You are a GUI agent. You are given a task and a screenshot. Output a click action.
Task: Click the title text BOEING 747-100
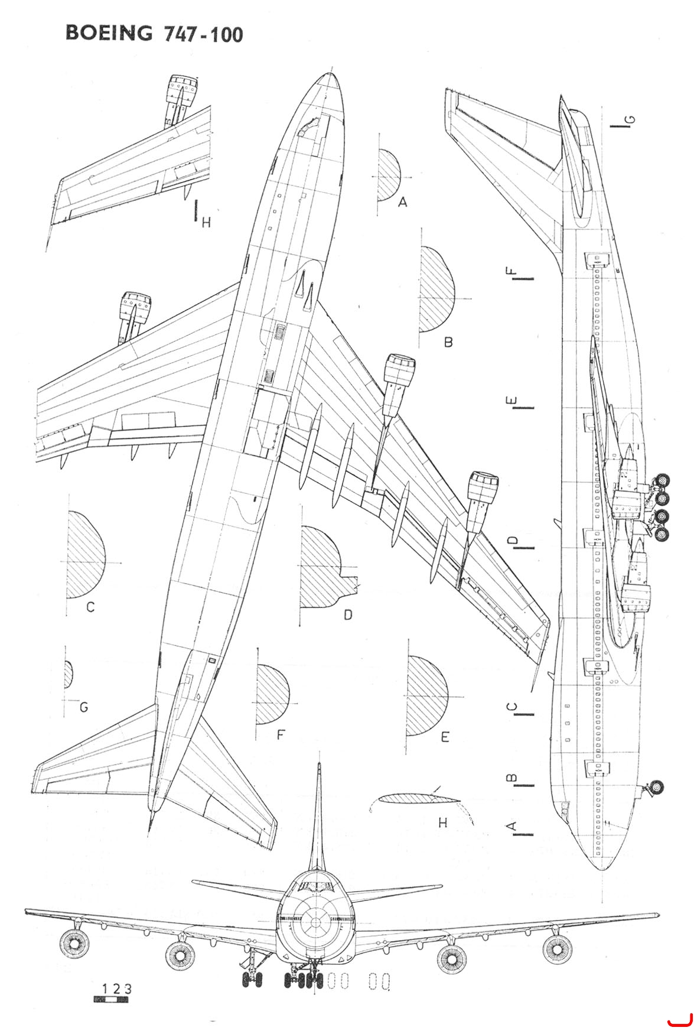pyautogui.click(x=154, y=34)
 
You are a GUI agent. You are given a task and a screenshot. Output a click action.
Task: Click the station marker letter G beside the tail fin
pyautogui.click(x=630, y=121)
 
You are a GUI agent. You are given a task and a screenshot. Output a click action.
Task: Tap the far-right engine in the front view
pyautogui.click(x=557, y=949)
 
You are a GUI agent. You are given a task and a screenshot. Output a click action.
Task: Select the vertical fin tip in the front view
pyautogui.click(x=320, y=766)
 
